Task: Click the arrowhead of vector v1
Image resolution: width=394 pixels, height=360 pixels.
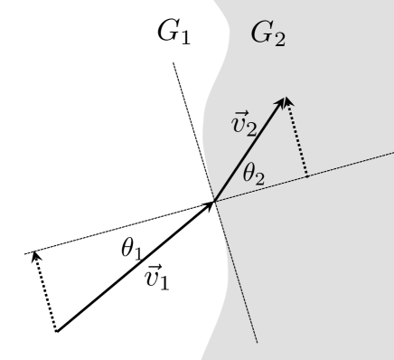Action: (211, 205)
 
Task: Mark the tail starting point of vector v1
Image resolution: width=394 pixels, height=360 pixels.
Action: (57, 332)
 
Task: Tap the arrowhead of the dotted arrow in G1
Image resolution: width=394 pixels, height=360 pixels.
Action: (36, 255)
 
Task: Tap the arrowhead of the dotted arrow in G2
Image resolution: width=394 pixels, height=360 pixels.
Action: (290, 103)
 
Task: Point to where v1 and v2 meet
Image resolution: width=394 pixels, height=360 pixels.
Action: (215, 202)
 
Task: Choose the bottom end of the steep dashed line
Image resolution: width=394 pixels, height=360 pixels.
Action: (258, 343)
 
